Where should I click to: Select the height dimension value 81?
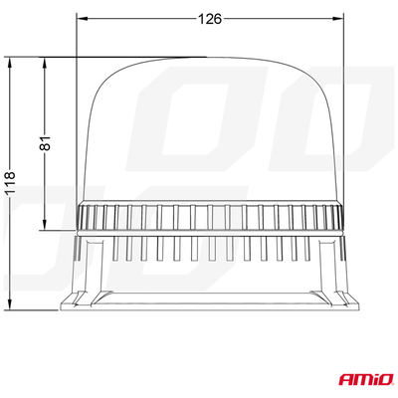[x=43, y=143]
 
